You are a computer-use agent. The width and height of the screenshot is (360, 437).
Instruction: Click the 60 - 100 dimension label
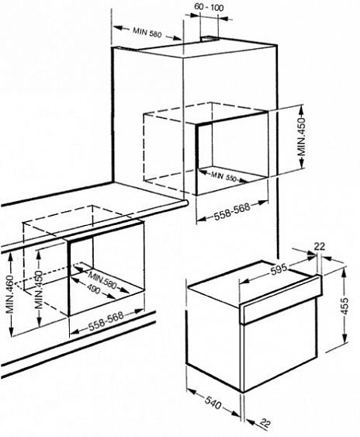coord(209,7)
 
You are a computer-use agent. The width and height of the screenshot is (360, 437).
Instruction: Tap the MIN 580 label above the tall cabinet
coord(147,32)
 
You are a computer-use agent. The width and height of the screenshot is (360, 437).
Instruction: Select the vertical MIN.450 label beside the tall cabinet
coord(301,137)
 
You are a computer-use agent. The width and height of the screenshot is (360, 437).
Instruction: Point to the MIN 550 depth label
coord(223,176)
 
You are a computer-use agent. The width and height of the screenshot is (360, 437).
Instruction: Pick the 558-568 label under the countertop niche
coord(106,321)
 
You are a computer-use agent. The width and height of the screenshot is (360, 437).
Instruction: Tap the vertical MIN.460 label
coord(10,294)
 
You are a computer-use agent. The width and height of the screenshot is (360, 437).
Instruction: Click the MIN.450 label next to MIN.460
coord(40,290)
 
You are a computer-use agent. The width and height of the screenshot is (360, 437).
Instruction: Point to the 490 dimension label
coord(93,290)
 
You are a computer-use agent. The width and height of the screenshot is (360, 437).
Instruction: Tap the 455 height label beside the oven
coord(345,306)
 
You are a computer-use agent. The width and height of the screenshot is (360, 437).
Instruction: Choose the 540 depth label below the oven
coord(213,403)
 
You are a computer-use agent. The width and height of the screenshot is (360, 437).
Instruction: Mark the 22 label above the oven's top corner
coord(320,247)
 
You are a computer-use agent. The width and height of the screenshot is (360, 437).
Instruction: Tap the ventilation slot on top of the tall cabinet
coord(209,39)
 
